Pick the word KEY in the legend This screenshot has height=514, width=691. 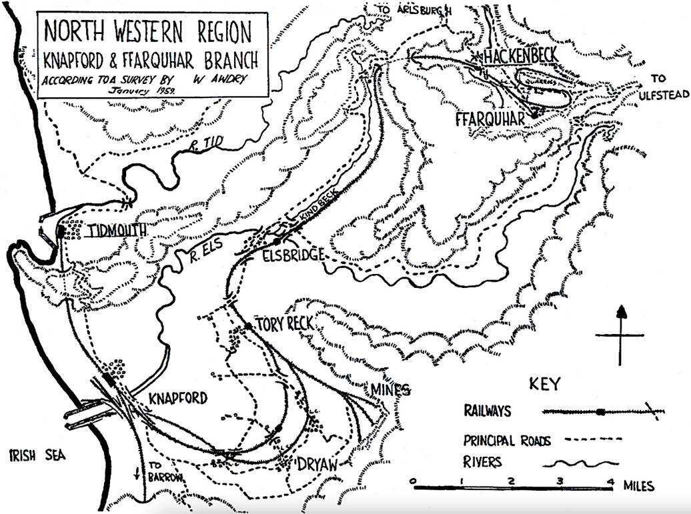tap(545, 384)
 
